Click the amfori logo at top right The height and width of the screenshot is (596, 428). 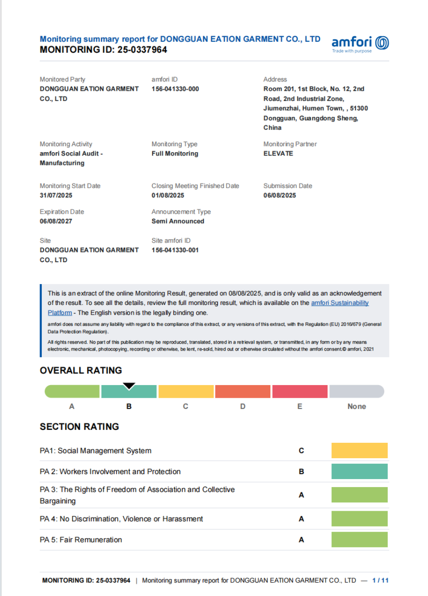[x=360, y=43]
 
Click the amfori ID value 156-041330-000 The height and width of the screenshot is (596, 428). [x=175, y=88]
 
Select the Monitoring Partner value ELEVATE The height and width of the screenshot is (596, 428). [x=278, y=153]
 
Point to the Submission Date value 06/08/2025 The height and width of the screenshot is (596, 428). [x=280, y=195]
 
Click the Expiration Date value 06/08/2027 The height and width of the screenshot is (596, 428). [x=56, y=221]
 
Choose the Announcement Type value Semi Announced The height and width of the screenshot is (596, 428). [x=178, y=221]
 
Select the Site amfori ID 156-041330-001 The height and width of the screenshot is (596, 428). [x=175, y=250]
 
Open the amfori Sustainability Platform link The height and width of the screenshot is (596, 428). [x=340, y=303]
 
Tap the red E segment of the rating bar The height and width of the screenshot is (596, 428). [x=300, y=392]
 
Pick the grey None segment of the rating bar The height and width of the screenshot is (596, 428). [x=356, y=392]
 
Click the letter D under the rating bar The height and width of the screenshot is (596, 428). [x=243, y=406]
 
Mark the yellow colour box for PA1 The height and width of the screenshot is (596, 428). [x=359, y=451]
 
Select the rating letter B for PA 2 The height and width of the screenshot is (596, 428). [x=301, y=472]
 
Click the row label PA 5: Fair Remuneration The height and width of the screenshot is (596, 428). [x=81, y=540]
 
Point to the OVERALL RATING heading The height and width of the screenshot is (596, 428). [x=81, y=371]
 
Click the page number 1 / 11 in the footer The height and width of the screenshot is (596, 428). [x=381, y=580]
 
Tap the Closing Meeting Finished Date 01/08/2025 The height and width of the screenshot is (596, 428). [x=168, y=195]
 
